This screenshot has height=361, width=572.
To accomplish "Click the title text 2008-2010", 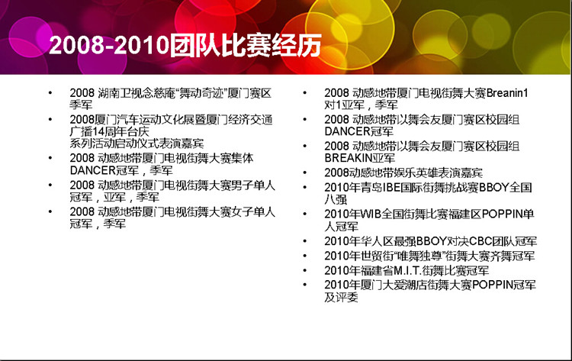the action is click(x=109, y=45).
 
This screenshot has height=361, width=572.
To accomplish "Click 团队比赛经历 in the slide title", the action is click(x=245, y=45).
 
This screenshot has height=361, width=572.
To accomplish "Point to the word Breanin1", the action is click(x=507, y=93).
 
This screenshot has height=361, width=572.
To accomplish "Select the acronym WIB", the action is click(x=371, y=214).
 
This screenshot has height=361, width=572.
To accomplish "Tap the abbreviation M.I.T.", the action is click(x=407, y=270).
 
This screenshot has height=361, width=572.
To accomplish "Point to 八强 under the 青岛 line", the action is click(x=336, y=200).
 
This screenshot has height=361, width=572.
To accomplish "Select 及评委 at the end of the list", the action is click(x=341, y=298).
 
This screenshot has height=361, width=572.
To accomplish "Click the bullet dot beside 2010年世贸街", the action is click(x=305, y=256).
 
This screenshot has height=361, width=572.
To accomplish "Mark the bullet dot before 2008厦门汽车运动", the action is click(x=50, y=119).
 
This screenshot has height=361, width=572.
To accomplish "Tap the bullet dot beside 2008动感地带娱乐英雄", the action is click(x=305, y=172).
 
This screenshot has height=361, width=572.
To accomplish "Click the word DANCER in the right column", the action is click(x=348, y=131).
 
